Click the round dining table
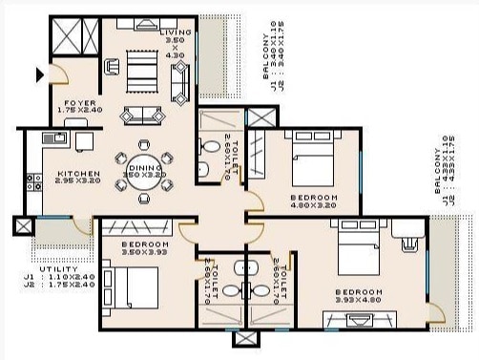[x=146, y=172]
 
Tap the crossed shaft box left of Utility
[x=21, y=228]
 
